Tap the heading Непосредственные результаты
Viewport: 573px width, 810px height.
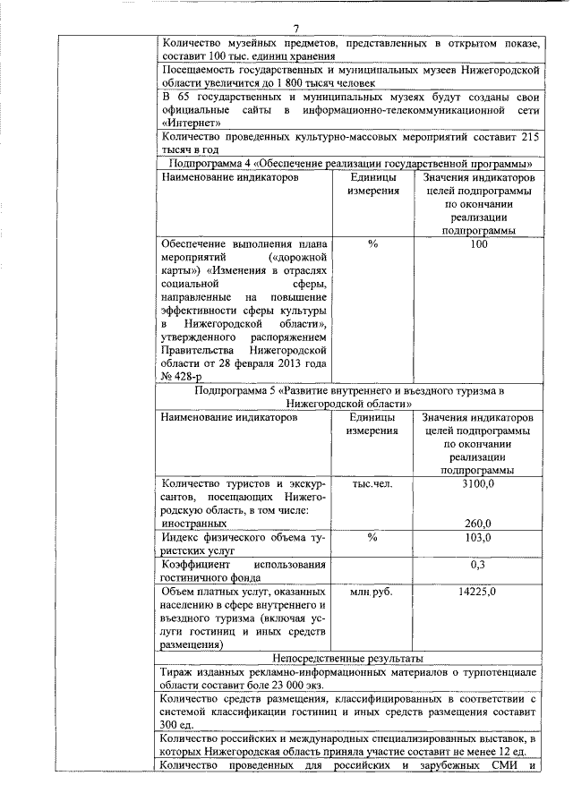tap(348, 658)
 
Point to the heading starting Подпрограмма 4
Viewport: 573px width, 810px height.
tap(348, 163)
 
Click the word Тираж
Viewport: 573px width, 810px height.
tap(177, 671)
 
